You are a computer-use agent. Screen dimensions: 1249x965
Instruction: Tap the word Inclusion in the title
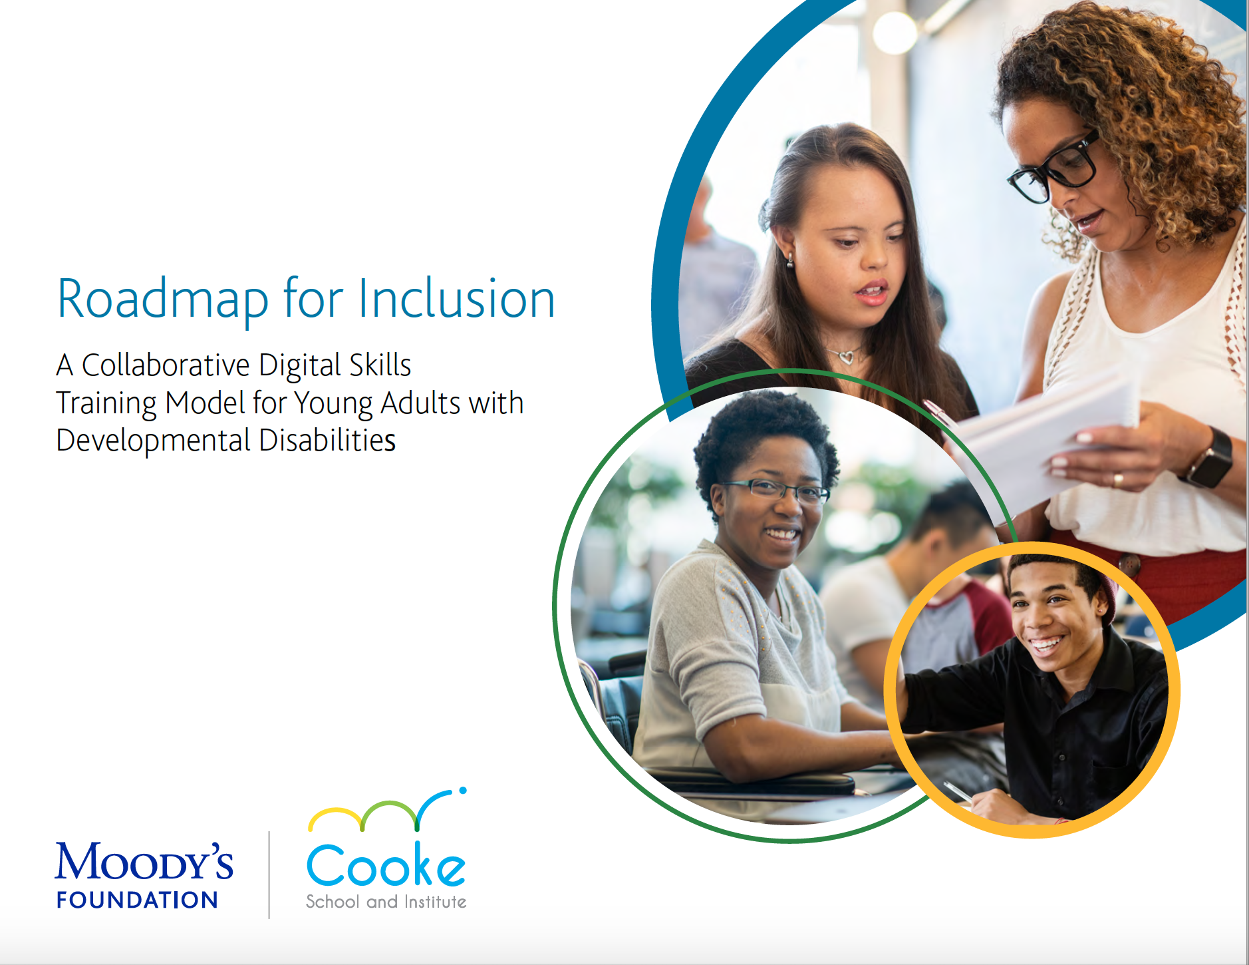point(456,298)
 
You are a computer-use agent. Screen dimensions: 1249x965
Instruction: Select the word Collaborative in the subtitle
point(166,365)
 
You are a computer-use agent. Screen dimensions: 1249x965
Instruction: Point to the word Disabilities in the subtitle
point(327,440)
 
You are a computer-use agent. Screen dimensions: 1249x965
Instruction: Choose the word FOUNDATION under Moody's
point(137,900)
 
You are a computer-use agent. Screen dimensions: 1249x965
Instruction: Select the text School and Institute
point(386,902)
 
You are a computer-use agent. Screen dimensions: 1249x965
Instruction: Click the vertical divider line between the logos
point(269,874)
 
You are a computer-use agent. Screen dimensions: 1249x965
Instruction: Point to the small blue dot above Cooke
point(463,791)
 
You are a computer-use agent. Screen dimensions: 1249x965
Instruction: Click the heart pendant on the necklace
point(846,358)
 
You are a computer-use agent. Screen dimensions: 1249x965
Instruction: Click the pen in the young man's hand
point(958,792)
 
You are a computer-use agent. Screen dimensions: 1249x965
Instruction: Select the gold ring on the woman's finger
point(1119,479)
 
